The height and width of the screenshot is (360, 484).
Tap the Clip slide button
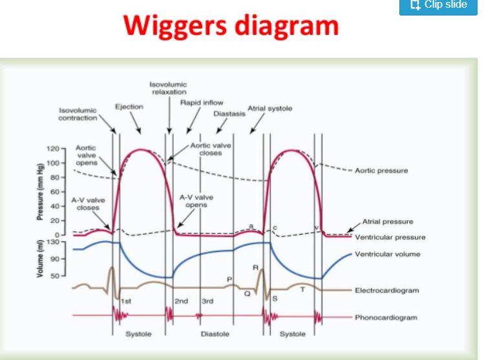click(441, 6)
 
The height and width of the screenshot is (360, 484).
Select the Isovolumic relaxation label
click(168, 89)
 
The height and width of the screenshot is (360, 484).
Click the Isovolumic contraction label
click(78, 114)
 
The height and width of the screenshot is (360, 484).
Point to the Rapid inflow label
click(202, 102)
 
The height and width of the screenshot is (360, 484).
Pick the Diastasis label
click(229, 114)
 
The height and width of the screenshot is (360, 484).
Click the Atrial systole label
click(270, 108)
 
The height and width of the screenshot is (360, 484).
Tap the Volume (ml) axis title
click(40, 259)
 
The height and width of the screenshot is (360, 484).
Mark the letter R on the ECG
click(255, 267)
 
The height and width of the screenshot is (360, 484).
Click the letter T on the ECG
click(302, 290)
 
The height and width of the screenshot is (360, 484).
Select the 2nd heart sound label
click(181, 301)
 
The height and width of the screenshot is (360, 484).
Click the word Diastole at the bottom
click(214, 334)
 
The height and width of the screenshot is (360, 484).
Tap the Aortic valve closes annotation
click(211, 149)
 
